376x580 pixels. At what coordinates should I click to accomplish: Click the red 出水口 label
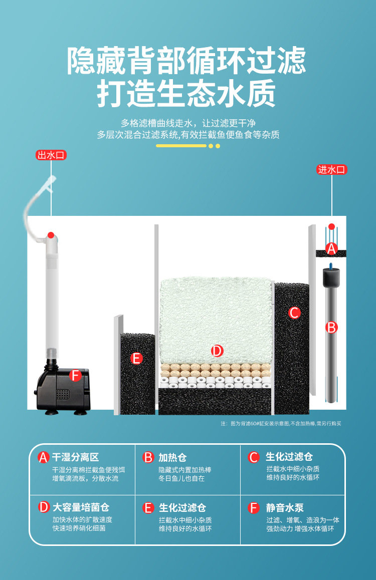coord(51,155)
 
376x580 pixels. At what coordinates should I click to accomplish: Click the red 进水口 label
coord(332,170)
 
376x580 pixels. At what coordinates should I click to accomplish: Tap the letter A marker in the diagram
coord(331,248)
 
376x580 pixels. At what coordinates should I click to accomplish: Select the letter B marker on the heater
coord(331,328)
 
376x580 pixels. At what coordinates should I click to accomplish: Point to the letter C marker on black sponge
coord(294,313)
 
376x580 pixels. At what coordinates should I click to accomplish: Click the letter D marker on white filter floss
coord(217,351)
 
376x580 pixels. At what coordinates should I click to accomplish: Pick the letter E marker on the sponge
coord(136,358)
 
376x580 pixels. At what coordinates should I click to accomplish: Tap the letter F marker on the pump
coord(75,375)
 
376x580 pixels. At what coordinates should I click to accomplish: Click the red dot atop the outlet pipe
coord(51,234)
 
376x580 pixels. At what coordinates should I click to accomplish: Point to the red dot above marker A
coord(331,226)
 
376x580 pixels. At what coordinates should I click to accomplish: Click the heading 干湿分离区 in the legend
coord(76,457)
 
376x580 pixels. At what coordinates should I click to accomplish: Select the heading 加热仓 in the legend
coord(172,457)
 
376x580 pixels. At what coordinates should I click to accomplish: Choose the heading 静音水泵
coord(285,507)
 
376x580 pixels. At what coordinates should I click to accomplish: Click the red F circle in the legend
coord(254,508)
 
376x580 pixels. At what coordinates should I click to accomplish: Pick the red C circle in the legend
coord(254,457)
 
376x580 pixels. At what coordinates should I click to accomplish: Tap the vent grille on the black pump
coord(62,394)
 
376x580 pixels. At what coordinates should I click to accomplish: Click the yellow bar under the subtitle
coord(181,146)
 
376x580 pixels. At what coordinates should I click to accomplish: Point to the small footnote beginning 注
coord(281,424)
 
